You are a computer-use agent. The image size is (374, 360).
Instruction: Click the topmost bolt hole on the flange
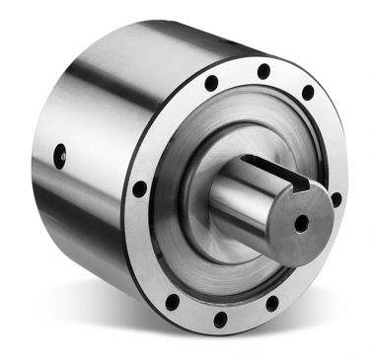[x=263, y=71]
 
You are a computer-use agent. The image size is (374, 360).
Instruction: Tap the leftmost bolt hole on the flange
[x=140, y=187]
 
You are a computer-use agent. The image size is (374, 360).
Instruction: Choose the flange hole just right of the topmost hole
[x=308, y=93]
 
